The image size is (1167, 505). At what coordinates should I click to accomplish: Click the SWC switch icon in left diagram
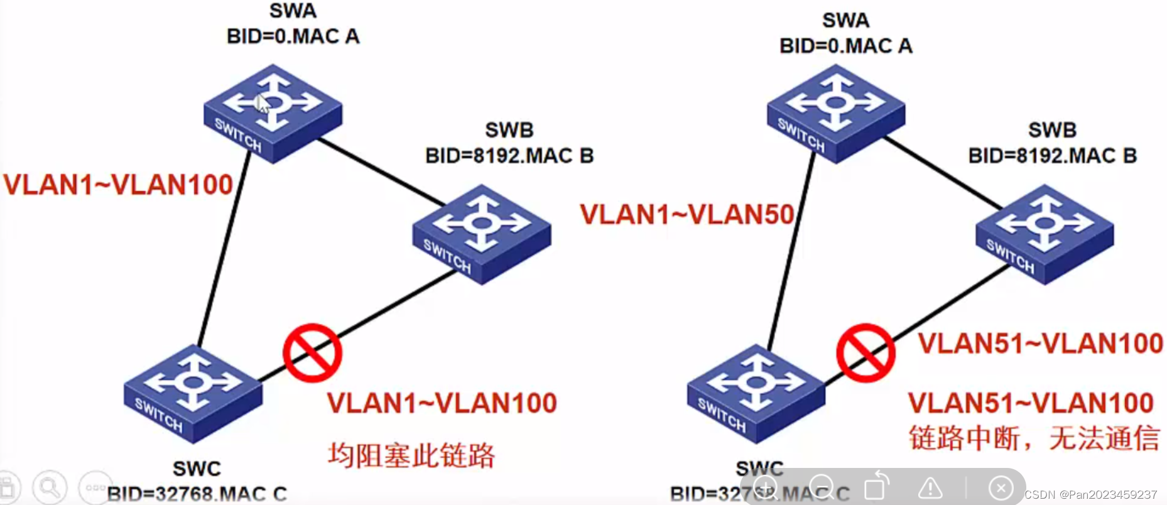193,393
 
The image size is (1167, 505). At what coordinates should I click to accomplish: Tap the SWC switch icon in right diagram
756,393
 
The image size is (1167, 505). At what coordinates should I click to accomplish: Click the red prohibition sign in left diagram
312,353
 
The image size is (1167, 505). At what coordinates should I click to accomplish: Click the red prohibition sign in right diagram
866,353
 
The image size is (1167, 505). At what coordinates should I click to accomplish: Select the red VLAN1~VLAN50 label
687,215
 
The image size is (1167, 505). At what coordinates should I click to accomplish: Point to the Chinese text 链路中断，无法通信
1034,438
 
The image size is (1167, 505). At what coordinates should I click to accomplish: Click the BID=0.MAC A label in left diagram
293,36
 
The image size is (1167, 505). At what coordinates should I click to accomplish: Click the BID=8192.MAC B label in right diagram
1052,156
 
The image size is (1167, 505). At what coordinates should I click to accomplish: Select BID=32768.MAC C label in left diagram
197,494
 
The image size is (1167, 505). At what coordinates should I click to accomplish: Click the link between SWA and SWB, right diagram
942,173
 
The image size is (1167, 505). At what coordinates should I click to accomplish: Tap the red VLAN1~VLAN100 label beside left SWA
118,185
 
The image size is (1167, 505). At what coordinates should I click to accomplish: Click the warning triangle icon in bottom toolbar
930,488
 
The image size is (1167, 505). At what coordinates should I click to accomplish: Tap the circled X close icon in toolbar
1001,488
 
